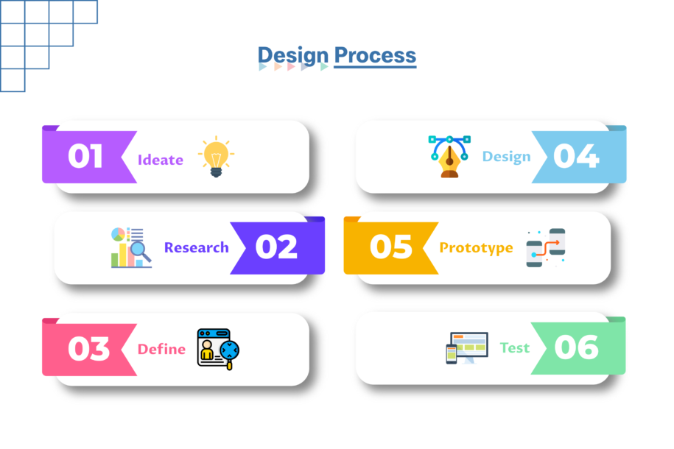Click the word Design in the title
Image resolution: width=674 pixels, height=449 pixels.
point(292,56)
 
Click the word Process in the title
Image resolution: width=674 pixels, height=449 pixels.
point(375,55)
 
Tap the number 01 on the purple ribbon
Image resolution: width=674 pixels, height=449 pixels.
point(85,155)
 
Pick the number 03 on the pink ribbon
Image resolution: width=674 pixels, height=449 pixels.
point(88,348)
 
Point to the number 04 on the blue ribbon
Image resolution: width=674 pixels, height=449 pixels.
point(576,155)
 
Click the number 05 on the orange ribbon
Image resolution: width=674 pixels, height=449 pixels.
point(390,247)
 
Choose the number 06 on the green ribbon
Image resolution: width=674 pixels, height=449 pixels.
point(576,347)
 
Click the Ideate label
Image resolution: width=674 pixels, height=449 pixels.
point(161,160)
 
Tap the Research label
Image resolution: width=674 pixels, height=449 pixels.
point(197,247)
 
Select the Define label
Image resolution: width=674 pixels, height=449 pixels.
point(161,349)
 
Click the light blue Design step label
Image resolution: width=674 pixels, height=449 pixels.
point(506,157)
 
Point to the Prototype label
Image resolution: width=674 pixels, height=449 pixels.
point(477,248)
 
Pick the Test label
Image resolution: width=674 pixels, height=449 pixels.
point(515,347)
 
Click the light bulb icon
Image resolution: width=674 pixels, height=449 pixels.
point(217,157)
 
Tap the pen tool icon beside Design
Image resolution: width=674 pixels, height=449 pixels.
point(449,156)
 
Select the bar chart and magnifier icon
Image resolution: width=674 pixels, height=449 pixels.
point(131,248)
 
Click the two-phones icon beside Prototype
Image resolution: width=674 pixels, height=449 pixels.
point(546,248)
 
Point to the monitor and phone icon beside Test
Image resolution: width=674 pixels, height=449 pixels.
point(467,348)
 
